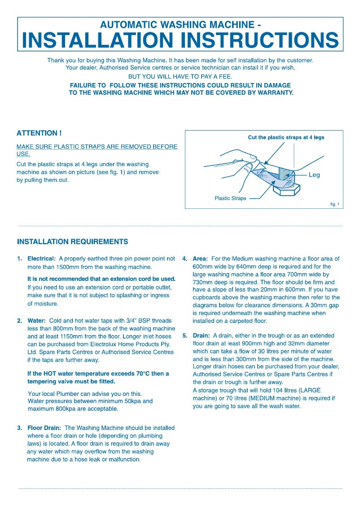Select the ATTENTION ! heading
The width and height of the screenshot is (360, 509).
pos(39,133)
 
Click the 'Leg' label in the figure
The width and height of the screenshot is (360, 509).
pos(314,175)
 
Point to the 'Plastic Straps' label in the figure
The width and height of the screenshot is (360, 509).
pos(230,198)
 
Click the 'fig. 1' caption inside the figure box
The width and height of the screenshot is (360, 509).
pos(334,204)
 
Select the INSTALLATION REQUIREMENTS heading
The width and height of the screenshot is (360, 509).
pos(72,242)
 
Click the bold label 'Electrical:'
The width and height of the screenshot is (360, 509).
pos(42,259)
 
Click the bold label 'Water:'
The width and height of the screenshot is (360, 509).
pos(36,321)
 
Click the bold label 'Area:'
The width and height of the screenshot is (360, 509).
pos(200,259)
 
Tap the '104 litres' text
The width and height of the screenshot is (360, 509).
pos(285,391)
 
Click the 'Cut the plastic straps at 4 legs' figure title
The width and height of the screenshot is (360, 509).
pos(286,137)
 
